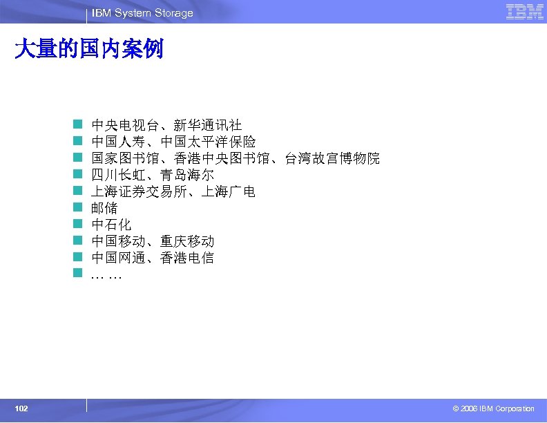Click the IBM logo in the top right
pos(524,12)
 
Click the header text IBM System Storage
pos(142,13)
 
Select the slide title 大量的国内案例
pos(89,49)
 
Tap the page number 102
pos(21,409)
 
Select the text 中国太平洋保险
pos(208,142)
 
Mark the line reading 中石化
pos(111,225)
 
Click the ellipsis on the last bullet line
pos(106,275)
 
